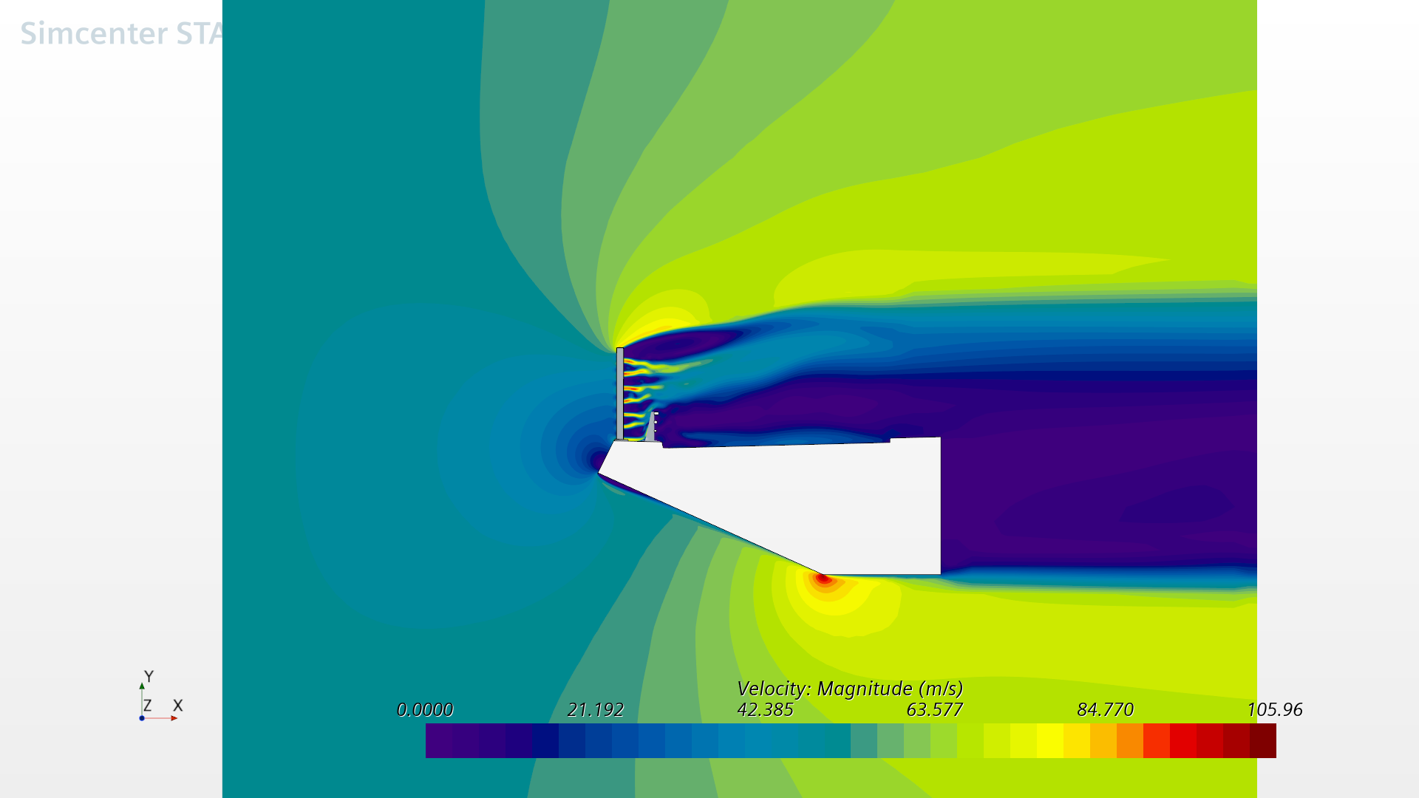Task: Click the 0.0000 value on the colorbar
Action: [425, 709]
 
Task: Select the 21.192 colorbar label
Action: [595, 709]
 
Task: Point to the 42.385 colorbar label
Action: [765, 709]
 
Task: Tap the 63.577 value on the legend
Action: [934, 709]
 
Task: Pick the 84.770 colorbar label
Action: [1105, 709]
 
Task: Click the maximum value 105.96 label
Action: [1274, 709]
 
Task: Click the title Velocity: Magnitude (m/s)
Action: [850, 689]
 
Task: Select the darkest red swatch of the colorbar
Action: [1263, 740]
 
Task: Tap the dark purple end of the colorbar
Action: [439, 740]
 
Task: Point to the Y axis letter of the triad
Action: [149, 676]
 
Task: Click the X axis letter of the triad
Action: [177, 706]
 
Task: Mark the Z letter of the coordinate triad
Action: [148, 706]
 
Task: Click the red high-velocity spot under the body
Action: [823, 579]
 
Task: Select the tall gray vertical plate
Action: [619, 393]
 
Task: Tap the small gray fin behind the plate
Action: [651, 429]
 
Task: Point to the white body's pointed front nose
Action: [599, 471]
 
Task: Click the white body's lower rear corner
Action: [939, 573]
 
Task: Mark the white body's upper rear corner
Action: [939, 439]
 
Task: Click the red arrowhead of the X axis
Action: [174, 718]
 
